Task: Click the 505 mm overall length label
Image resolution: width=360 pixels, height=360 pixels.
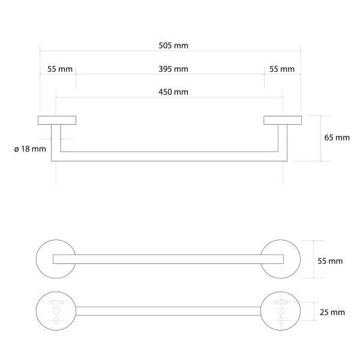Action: click(173, 46)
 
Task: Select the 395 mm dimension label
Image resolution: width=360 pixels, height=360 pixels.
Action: click(173, 69)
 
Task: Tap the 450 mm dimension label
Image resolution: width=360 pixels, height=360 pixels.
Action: click(173, 92)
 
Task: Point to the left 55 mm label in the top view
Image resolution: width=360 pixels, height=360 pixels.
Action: click(60, 69)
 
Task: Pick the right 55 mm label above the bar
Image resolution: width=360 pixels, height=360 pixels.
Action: click(282, 69)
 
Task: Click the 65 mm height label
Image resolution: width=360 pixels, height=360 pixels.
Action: click(337, 137)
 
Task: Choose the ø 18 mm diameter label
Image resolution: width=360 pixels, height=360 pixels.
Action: click(30, 149)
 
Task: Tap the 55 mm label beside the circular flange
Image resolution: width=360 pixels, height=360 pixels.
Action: click(330, 261)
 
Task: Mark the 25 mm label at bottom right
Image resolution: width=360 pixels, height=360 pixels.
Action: click(332, 312)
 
